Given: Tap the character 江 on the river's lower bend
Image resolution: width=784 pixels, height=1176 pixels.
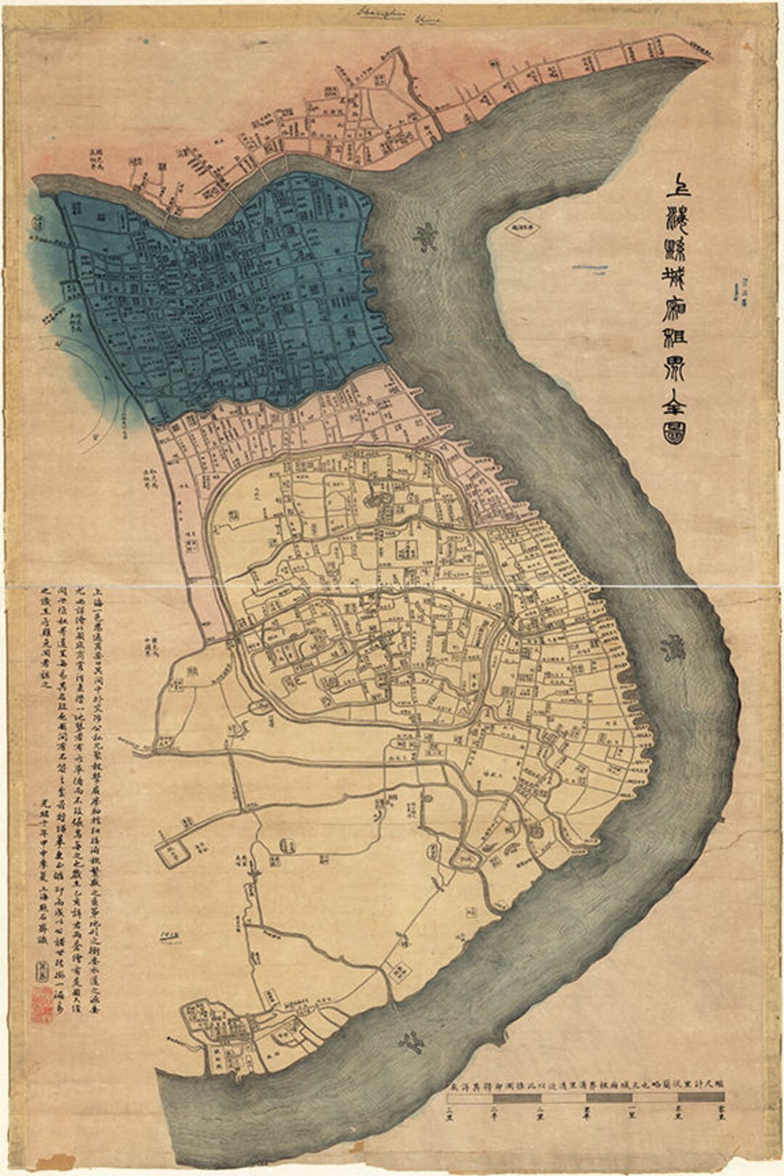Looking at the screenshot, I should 411,1043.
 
